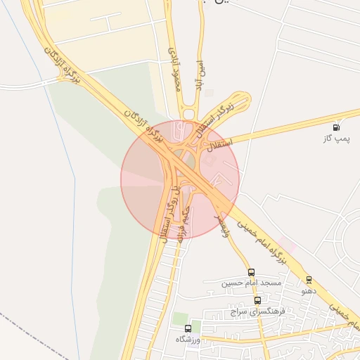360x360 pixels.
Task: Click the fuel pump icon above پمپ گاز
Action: click(338, 128)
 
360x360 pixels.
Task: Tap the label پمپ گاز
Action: click(337, 139)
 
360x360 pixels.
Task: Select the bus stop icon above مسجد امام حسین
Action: click(251, 272)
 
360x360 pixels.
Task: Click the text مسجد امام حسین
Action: click(252, 283)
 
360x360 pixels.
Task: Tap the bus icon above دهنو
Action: click(309, 280)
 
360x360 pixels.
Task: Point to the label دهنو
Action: click(309, 290)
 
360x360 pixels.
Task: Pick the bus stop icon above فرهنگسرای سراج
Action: click(257, 300)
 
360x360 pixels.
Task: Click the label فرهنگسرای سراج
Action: click(258, 311)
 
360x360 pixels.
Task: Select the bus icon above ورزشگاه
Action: click(187, 328)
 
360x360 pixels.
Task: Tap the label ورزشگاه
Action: click(187, 340)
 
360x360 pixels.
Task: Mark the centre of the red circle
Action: click(180, 179)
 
